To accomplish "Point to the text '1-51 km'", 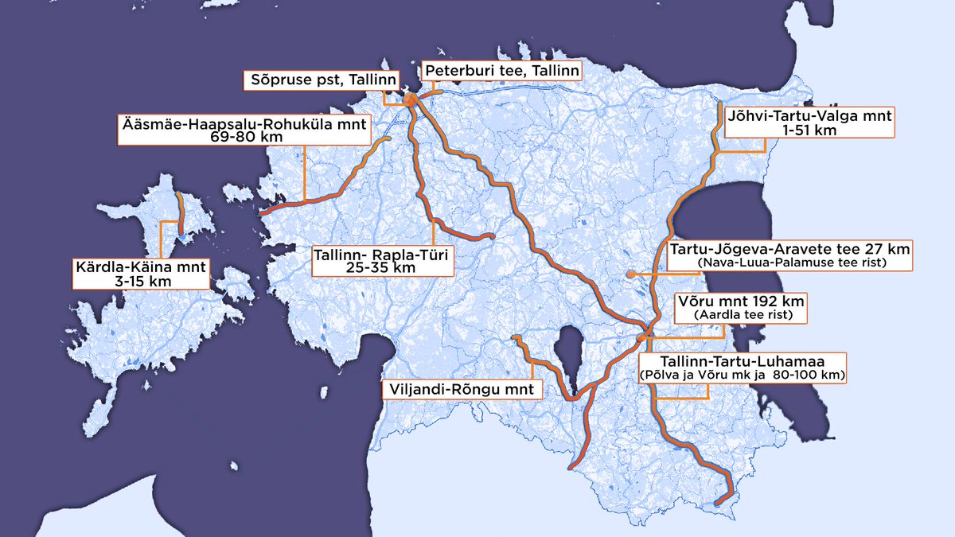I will click(x=809, y=130).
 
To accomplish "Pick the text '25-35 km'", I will click(x=383, y=268).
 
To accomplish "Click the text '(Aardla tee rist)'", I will click(x=741, y=316).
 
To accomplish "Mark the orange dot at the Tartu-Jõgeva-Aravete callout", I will click(x=630, y=274).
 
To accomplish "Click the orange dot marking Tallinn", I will click(x=410, y=100).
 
